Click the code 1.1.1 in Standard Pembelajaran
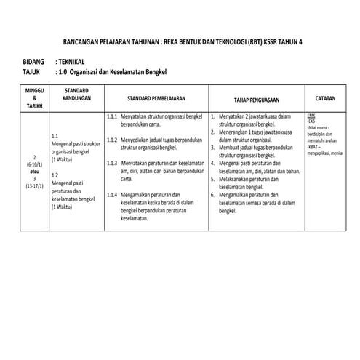tap(112, 116)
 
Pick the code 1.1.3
tap(112, 163)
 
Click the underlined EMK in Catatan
tap(311, 116)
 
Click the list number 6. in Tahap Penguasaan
tap(212, 194)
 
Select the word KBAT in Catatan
tap(313, 148)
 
